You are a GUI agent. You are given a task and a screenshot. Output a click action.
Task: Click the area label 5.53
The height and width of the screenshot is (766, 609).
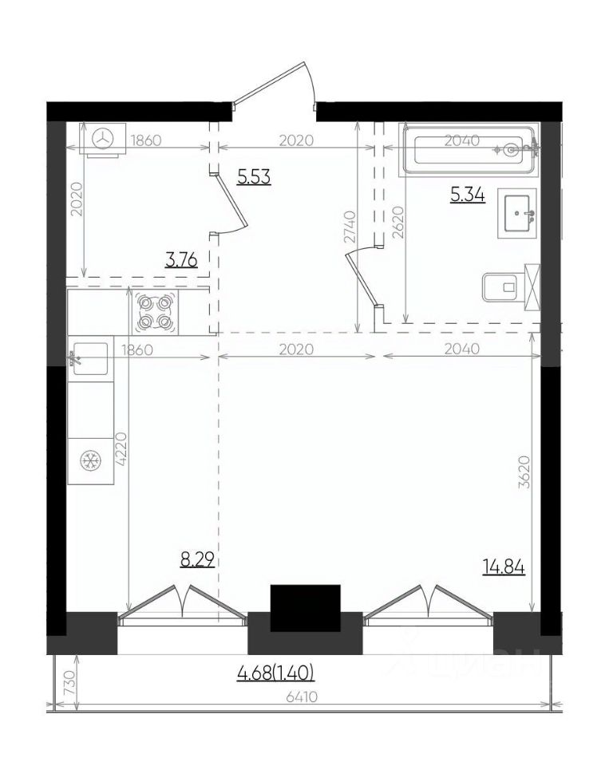coord(254,176)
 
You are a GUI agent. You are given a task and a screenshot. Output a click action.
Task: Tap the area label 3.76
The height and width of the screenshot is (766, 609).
coord(181,260)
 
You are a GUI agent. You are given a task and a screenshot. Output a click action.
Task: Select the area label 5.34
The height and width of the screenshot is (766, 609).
coord(468,195)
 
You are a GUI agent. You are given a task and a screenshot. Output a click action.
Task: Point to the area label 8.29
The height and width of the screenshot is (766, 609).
coord(197,559)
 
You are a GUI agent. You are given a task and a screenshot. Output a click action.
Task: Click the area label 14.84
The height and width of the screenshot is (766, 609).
coord(504,567)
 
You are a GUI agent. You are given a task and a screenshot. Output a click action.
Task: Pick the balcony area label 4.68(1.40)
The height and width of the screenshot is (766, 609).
coord(275,673)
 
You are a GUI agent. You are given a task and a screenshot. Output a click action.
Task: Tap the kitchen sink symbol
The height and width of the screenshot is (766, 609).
coord(90,358)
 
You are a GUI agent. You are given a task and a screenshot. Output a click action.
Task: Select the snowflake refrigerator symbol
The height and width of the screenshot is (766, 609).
coord(90,461)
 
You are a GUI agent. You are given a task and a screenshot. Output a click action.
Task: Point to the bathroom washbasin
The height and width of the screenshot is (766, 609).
coord(517,213)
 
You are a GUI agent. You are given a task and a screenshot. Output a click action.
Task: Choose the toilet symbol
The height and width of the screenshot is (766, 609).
coord(511,287)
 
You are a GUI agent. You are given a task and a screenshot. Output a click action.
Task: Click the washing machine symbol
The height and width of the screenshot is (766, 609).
coord(103,140)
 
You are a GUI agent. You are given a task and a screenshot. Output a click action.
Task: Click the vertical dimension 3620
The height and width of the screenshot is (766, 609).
coord(524,472)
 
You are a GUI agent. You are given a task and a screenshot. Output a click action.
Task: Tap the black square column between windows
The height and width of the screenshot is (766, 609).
coord(306,608)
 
